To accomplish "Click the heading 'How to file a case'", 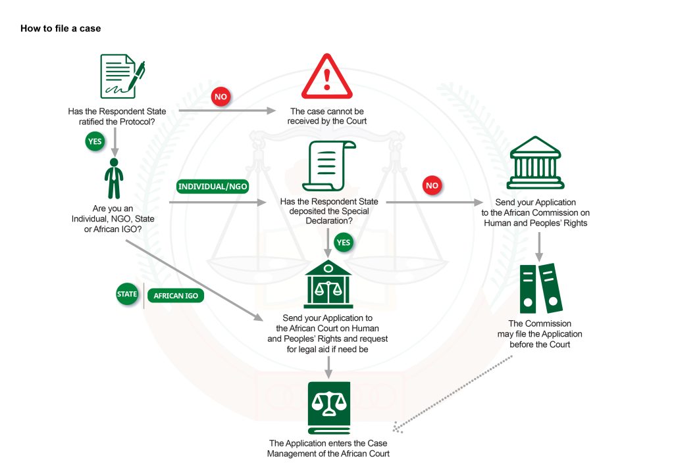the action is pyautogui.click(x=61, y=28).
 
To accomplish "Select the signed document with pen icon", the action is pyautogui.click(x=122, y=76).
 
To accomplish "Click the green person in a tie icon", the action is pyautogui.click(x=114, y=179).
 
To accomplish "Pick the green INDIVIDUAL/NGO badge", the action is pyautogui.click(x=213, y=186).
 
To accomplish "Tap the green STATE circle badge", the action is pyautogui.click(x=127, y=294).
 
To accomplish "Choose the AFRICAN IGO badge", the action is pyautogui.click(x=176, y=296).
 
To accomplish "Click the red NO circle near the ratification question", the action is pyautogui.click(x=221, y=97).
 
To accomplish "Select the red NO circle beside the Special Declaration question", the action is pyautogui.click(x=432, y=185).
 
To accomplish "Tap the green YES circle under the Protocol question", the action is pyautogui.click(x=95, y=141).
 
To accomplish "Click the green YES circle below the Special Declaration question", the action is pyautogui.click(x=343, y=243).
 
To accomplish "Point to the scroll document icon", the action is pyautogui.click(x=329, y=166).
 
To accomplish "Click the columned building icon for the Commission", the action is pyautogui.click(x=535, y=163).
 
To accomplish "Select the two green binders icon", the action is pyautogui.click(x=541, y=289).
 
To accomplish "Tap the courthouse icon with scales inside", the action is pyautogui.click(x=328, y=284).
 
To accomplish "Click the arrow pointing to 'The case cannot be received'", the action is pyautogui.click(x=227, y=110).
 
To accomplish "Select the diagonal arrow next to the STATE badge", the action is pyautogui.click(x=194, y=280).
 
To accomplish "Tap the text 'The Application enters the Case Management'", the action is pyautogui.click(x=328, y=448).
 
